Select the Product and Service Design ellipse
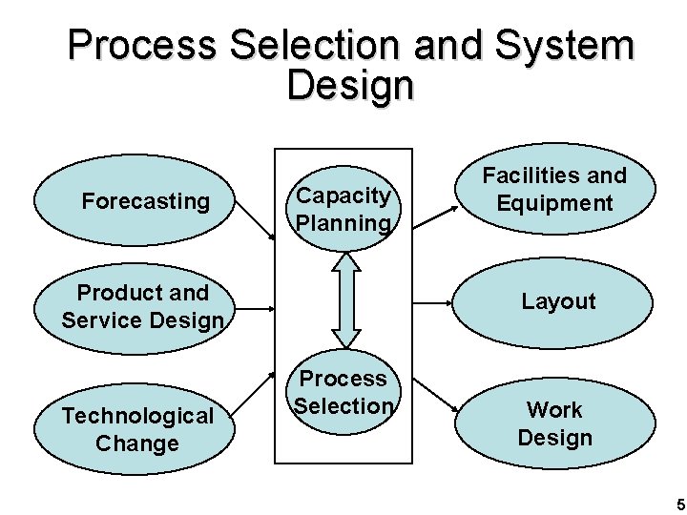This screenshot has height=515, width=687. point(142,306)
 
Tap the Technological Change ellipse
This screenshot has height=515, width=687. point(137,429)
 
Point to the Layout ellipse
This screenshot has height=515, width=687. point(558,302)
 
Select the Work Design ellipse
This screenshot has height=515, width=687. point(554,424)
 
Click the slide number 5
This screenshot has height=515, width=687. point(679,504)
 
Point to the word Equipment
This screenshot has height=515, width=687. point(554,203)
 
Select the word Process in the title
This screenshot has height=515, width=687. point(152,45)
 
